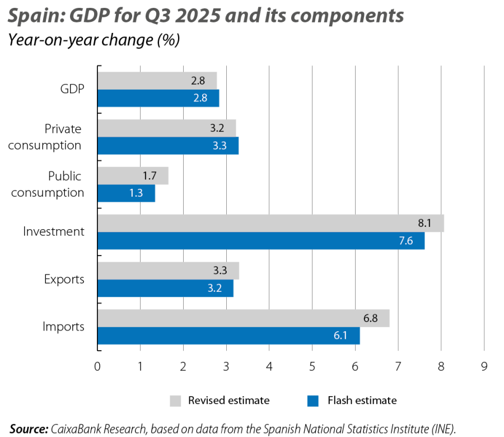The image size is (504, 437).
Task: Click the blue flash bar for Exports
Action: click(165, 289)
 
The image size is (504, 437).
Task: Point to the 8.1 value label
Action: click(424, 224)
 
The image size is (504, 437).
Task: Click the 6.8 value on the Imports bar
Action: click(370, 318)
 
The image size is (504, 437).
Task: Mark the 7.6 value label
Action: click(406, 241)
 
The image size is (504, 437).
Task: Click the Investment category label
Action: click(54, 231)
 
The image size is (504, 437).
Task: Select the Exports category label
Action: click(64, 278)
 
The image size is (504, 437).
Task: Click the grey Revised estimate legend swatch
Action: click(176, 401)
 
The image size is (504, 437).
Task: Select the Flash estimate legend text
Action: click(362, 401)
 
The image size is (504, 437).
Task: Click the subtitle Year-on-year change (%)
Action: click(92, 41)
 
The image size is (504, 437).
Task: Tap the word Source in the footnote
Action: click(28, 429)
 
